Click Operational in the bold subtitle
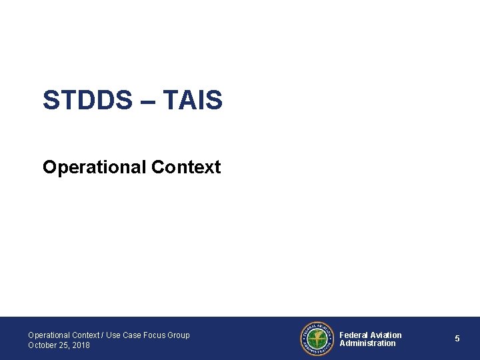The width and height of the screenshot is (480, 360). [x=94, y=167]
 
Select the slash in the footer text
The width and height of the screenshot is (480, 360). [x=102, y=335]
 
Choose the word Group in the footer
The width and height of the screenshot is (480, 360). [x=179, y=335]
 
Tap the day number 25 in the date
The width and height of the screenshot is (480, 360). [x=65, y=345]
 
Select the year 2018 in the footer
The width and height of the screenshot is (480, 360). [x=81, y=345]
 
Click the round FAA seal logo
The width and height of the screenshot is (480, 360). [x=317, y=339]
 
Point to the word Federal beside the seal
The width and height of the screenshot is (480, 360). [x=354, y=335]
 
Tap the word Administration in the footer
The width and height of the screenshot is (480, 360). [x=367, y=343]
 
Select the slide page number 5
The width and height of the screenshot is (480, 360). [x=457, y=339]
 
